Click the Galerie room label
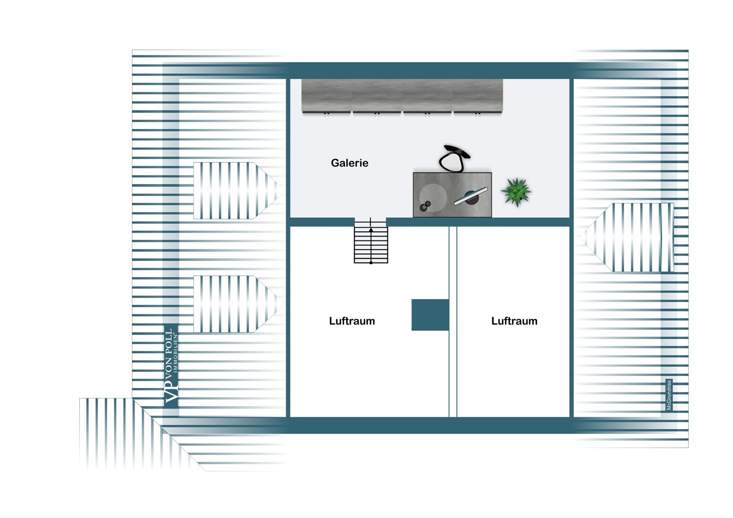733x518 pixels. (x=349, y=163)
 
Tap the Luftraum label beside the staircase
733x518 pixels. (x=352, y=321)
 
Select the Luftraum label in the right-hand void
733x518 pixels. (x=514, y=321)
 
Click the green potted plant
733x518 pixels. (x=516, y=193)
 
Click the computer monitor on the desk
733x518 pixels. (x=471, y=196)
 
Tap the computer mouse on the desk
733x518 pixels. (x=425, y=206)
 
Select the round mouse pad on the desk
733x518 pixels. (x=433, y=198)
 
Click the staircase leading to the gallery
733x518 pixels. (x=371, y=240)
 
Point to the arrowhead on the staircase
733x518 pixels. (x=371, y=230)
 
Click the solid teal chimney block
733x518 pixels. (x=430, y=315)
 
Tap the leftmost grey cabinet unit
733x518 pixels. (x=326, y=97)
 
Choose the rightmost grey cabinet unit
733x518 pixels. (x=478, y=97)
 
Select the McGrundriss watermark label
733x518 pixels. (x=669, y=395)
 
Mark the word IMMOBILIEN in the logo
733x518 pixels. (x=176, y=352)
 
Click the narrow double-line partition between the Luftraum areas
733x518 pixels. (x=453, y=322)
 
